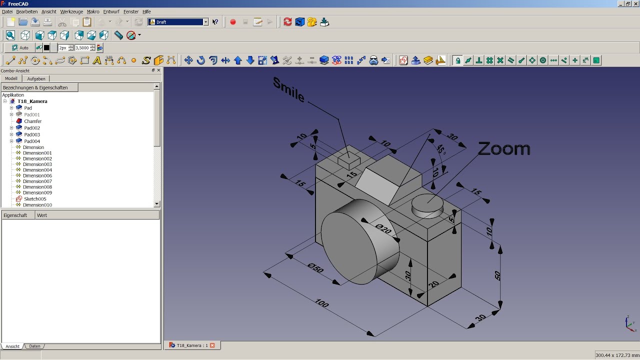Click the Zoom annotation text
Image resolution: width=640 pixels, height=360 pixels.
503,148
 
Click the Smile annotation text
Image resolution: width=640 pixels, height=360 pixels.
288,89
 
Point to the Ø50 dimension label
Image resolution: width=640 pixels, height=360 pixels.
315,268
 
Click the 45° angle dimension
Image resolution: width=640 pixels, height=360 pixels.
440,150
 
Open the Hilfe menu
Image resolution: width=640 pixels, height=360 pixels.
146,11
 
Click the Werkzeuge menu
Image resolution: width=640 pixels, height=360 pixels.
71,11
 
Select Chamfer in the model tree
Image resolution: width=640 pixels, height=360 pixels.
32,121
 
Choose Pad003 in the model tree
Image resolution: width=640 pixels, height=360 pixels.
32,134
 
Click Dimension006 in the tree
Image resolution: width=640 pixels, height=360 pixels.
37,175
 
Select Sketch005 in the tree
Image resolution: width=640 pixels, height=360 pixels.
35,199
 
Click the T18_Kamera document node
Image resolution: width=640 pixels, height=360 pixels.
32,101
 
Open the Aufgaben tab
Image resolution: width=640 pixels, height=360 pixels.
36,78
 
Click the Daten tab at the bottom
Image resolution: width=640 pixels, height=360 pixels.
34,346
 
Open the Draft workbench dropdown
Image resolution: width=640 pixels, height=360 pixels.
205,22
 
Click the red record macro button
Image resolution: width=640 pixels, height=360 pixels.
232,22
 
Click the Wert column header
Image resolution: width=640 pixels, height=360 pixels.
42,215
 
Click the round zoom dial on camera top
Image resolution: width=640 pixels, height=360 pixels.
427,205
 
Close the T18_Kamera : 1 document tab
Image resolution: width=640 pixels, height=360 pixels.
212,345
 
